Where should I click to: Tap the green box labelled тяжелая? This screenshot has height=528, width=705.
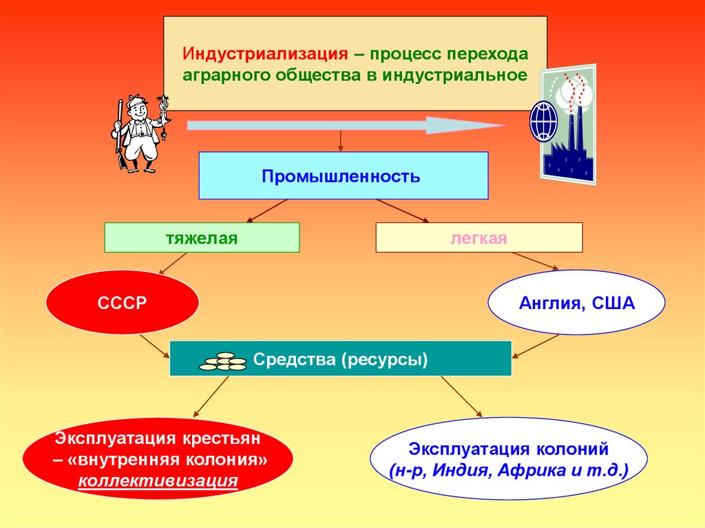point(202,238)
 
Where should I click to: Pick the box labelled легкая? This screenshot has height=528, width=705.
point(479,238)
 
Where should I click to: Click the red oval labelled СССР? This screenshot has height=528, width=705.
point(123,303)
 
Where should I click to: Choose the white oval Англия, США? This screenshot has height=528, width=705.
point(576,303)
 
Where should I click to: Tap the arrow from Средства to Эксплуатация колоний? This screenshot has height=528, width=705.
point(461,397)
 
